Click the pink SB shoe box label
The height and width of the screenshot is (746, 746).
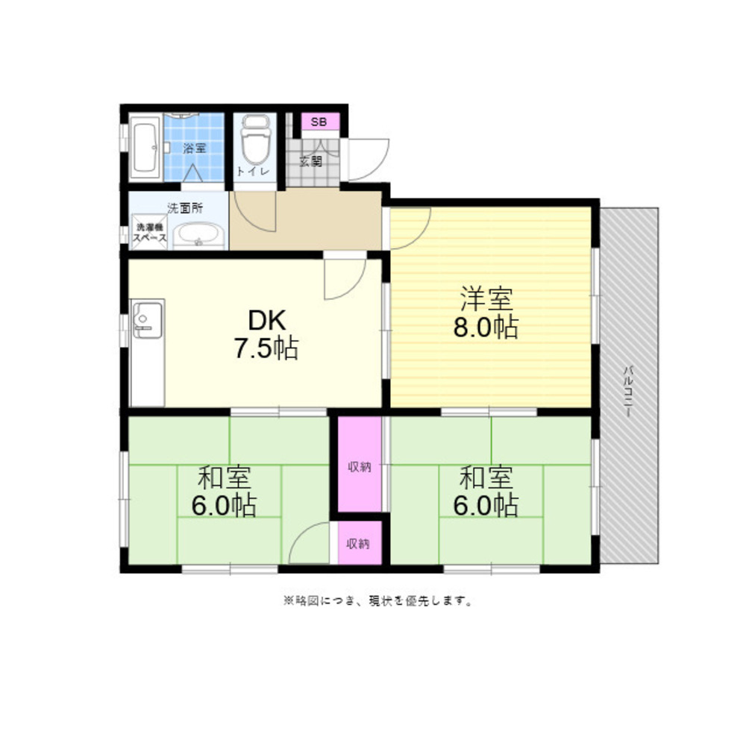pyautogui.click(x=319, y=122)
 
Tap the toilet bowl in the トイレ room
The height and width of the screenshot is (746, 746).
pyautogui.click(x=255, y=140)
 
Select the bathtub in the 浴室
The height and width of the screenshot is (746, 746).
pyautogui.click(x=145, y=147)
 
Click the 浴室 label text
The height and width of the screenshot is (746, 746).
pyautogui.click(x=195, y=148)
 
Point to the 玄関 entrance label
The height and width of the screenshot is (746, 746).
pyautogui.click(x=310, y=161)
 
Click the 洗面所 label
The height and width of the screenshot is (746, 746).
pyautogui.click(x=184, y=208)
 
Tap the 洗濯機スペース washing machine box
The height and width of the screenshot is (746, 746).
pyautogui.click(x=149, y=233)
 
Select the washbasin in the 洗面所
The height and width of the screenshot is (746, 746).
pyautogui.click(x=199, y=236)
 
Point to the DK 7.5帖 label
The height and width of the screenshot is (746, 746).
pyautogui.click(x=266, y=334)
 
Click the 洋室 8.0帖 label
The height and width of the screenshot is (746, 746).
pyautogui.click(x=486, y=312)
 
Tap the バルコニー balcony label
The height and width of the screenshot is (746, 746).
pyautogui.click(x=629, y=391)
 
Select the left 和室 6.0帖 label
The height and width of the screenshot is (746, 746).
pyautogui.click(x=224, y=492)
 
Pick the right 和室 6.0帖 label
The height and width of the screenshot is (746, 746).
pyautogui.click(x=486, y=492)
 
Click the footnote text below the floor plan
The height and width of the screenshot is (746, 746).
pyautogui.click(x=378, y=601)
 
